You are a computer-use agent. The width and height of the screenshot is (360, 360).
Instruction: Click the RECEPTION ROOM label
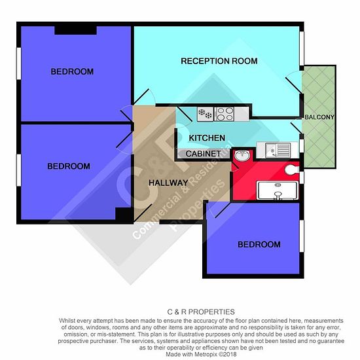(219, 61)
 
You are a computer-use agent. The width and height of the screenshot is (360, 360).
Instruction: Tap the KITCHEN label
(207, 138)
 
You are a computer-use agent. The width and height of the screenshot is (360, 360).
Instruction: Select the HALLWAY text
(168, 183)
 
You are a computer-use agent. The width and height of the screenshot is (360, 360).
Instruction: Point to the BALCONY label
(319, 117)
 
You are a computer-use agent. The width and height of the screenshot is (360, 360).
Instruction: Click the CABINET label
(203, 154)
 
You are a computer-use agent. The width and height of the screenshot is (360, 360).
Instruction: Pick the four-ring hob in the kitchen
(225, 114)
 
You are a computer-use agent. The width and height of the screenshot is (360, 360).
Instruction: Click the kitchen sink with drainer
(278, 151)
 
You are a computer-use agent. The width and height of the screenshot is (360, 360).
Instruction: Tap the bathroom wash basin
(242, 156)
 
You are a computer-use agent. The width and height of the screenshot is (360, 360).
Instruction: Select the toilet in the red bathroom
(293, 170)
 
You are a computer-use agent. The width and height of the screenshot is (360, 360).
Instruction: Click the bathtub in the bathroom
(278, 190)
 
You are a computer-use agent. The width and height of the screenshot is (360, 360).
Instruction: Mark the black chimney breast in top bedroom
(75, 30)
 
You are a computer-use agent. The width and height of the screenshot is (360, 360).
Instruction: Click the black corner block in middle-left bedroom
(123, 214)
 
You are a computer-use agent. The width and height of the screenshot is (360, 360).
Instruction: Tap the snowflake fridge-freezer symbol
(206, 114)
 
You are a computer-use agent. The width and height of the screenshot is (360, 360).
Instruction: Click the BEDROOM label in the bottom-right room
(259, 245)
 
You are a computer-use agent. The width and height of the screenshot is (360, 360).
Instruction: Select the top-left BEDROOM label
(72, 71)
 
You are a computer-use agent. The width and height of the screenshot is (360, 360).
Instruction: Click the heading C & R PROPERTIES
(201, 312)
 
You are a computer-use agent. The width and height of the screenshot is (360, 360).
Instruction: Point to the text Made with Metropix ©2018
(201, 354)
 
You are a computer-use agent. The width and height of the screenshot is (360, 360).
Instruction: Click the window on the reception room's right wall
(302, 48)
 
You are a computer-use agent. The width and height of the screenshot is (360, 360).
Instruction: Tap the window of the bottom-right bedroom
(302, 236)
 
